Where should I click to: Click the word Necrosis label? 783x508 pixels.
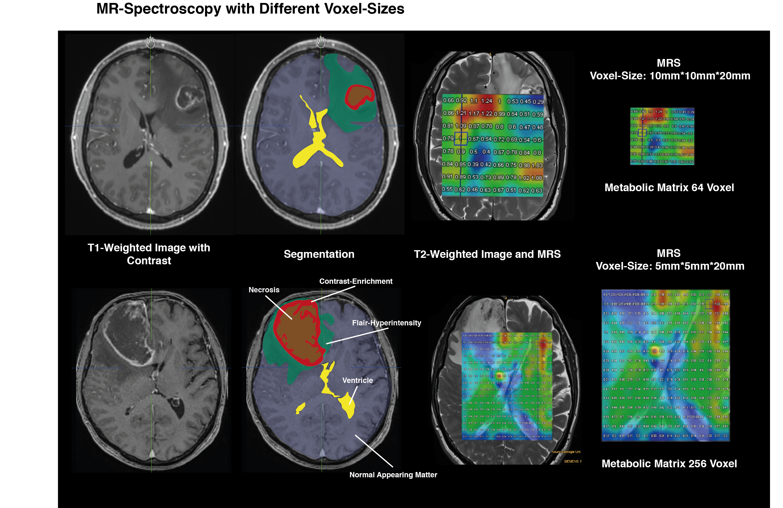pyautogui.click(x=264, y=290)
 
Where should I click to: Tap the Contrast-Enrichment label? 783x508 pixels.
pyautogui.click(x=356, y=281)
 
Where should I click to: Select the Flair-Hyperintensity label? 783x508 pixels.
pyautogui.click(x=386, y=323)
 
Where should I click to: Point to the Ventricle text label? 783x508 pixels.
pyautogui.click(x=357, y=380)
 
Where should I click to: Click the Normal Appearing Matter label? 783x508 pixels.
pyautogui.click(x=393, y=475)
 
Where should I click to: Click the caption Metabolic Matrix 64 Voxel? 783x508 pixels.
pyautogui.click(x=669, y=188)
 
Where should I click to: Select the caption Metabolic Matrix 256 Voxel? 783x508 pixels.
pyautogui.click(x=669, y=463)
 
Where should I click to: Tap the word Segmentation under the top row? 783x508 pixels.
pyautogui.click(x=319, y=254)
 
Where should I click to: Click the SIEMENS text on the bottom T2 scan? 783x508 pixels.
pyautogui.click(x=571, y=461)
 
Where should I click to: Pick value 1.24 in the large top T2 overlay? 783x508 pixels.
pyautogui.click(x=486, y=101)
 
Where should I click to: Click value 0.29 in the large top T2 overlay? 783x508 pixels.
pyautogui.click(x=538, y=102)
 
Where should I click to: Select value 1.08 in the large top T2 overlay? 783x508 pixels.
pyautogui.click(x=537, y=178)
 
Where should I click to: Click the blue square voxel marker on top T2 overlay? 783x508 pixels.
pyautogui.click(x=461, y=139)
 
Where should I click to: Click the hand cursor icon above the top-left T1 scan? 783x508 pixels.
pyautogui.click(x=150, y=42)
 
